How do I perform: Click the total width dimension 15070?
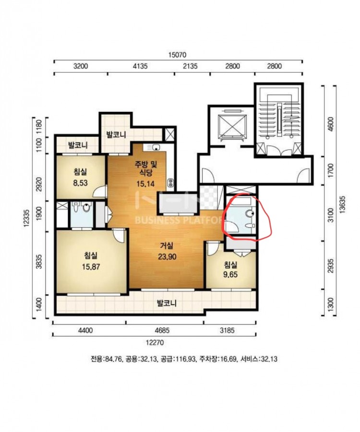click(178, 55)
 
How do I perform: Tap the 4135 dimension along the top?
click(140, 66)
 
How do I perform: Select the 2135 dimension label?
click(191, 66)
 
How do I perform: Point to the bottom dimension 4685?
click(162, 330)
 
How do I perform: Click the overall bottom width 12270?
click(155, 342)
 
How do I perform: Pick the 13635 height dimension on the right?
click(342, 204)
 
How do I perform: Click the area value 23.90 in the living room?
click(167, 257)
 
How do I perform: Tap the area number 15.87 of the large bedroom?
click(91, 267)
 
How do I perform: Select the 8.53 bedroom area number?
click(80, 183)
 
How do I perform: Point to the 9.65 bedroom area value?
click(230, 275)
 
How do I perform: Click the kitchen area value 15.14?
click(145, 184)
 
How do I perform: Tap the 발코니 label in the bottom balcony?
click(167, 304)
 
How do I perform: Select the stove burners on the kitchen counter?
click(170, 183)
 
